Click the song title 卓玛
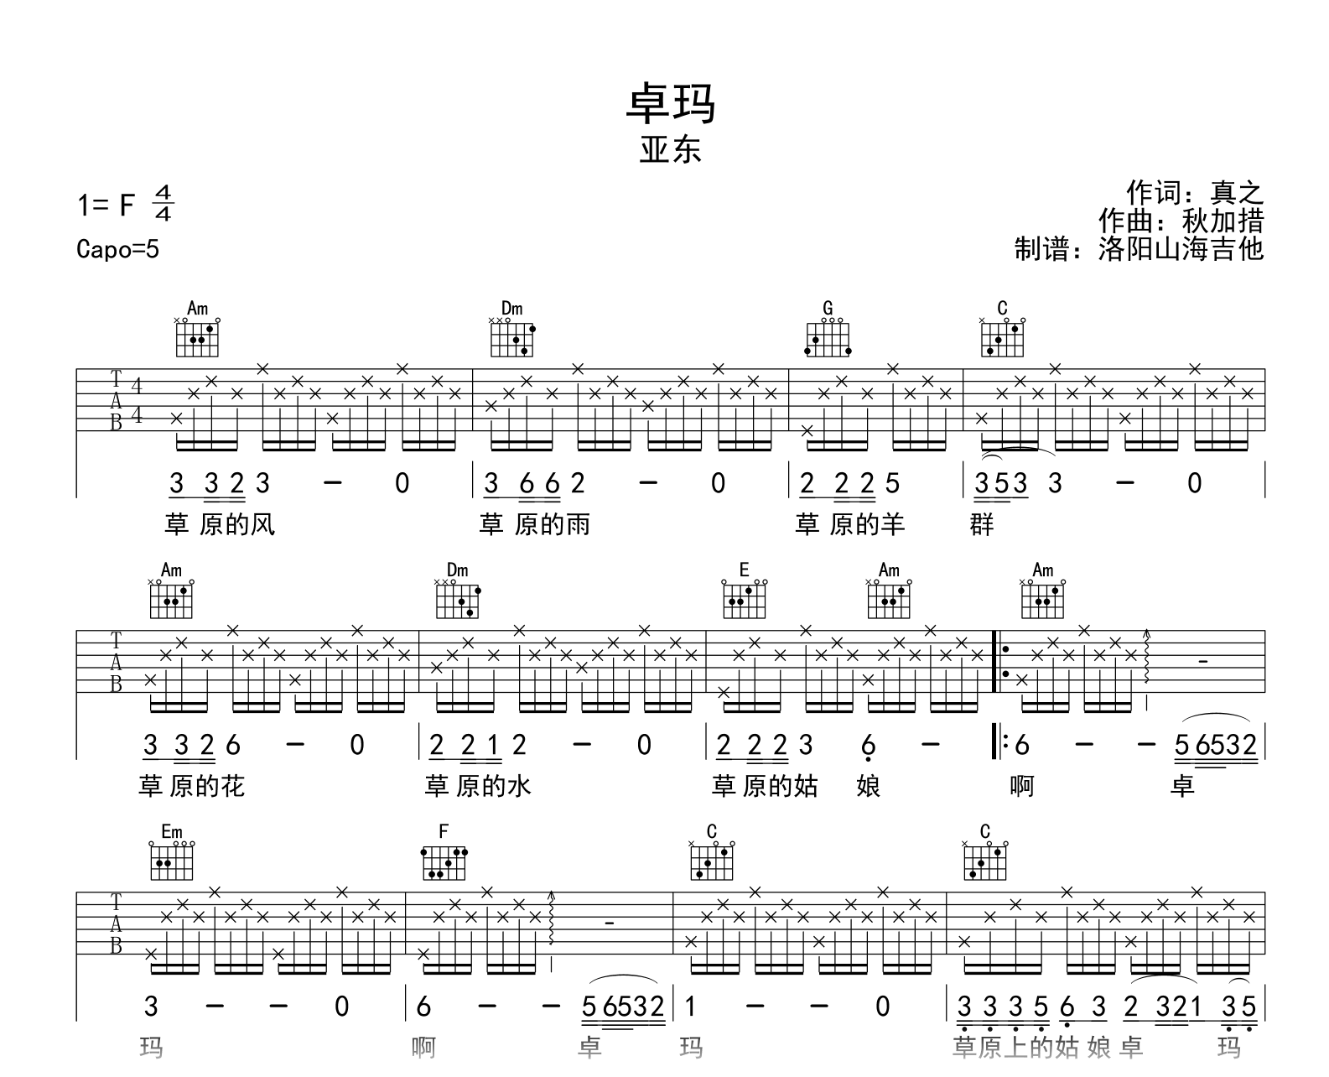pos(670,105)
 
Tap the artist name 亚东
pos(670,151)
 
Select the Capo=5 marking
pos(117,249)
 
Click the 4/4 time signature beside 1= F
pos(163,204)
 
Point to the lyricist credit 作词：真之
pos(1194,193)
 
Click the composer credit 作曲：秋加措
pos(1181,221)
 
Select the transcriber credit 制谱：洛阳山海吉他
pos(1138,249)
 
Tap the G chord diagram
pos(828,333)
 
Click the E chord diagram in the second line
pos(744,595)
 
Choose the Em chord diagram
pos(171,856)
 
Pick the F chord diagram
pos(444,856)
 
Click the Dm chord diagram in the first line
pos(512,333)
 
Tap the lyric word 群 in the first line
pos(982,525)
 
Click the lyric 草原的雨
pos(535,525)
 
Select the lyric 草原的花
pos(191,787)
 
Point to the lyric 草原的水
pos(478,787)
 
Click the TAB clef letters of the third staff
pos(116,924)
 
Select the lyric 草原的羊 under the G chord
pos(849,525)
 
